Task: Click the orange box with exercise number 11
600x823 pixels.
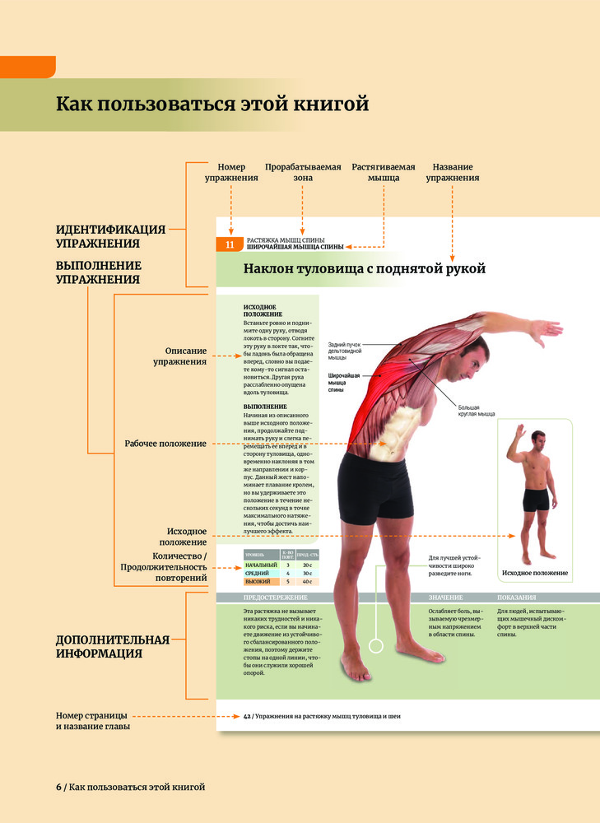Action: click(x=230, y=244)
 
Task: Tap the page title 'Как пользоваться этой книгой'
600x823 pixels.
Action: click(x=212, y=105)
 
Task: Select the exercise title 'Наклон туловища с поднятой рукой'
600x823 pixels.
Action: click(x=365, y=268)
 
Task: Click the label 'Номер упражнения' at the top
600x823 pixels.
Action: click(x=231, y=172)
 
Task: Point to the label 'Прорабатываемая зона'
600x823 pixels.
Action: click(x=303, y=172)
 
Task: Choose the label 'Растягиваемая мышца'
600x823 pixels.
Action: click(x=383, y=172)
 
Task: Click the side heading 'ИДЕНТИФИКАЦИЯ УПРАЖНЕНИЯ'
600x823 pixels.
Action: click(x=110, y=236)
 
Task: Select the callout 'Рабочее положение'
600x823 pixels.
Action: click(x=165, y=444)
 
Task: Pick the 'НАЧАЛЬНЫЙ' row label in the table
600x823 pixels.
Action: click(x=261, y=565)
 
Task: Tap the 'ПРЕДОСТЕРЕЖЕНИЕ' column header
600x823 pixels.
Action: click(x=276, y=597)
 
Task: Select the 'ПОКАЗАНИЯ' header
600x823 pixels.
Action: click(x=517, y=597)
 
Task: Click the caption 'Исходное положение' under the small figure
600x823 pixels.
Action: click(x=534, y=573)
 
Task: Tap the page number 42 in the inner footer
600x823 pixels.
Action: click(x=247, y=716)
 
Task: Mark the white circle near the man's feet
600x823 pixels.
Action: click(x=378, y=647)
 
